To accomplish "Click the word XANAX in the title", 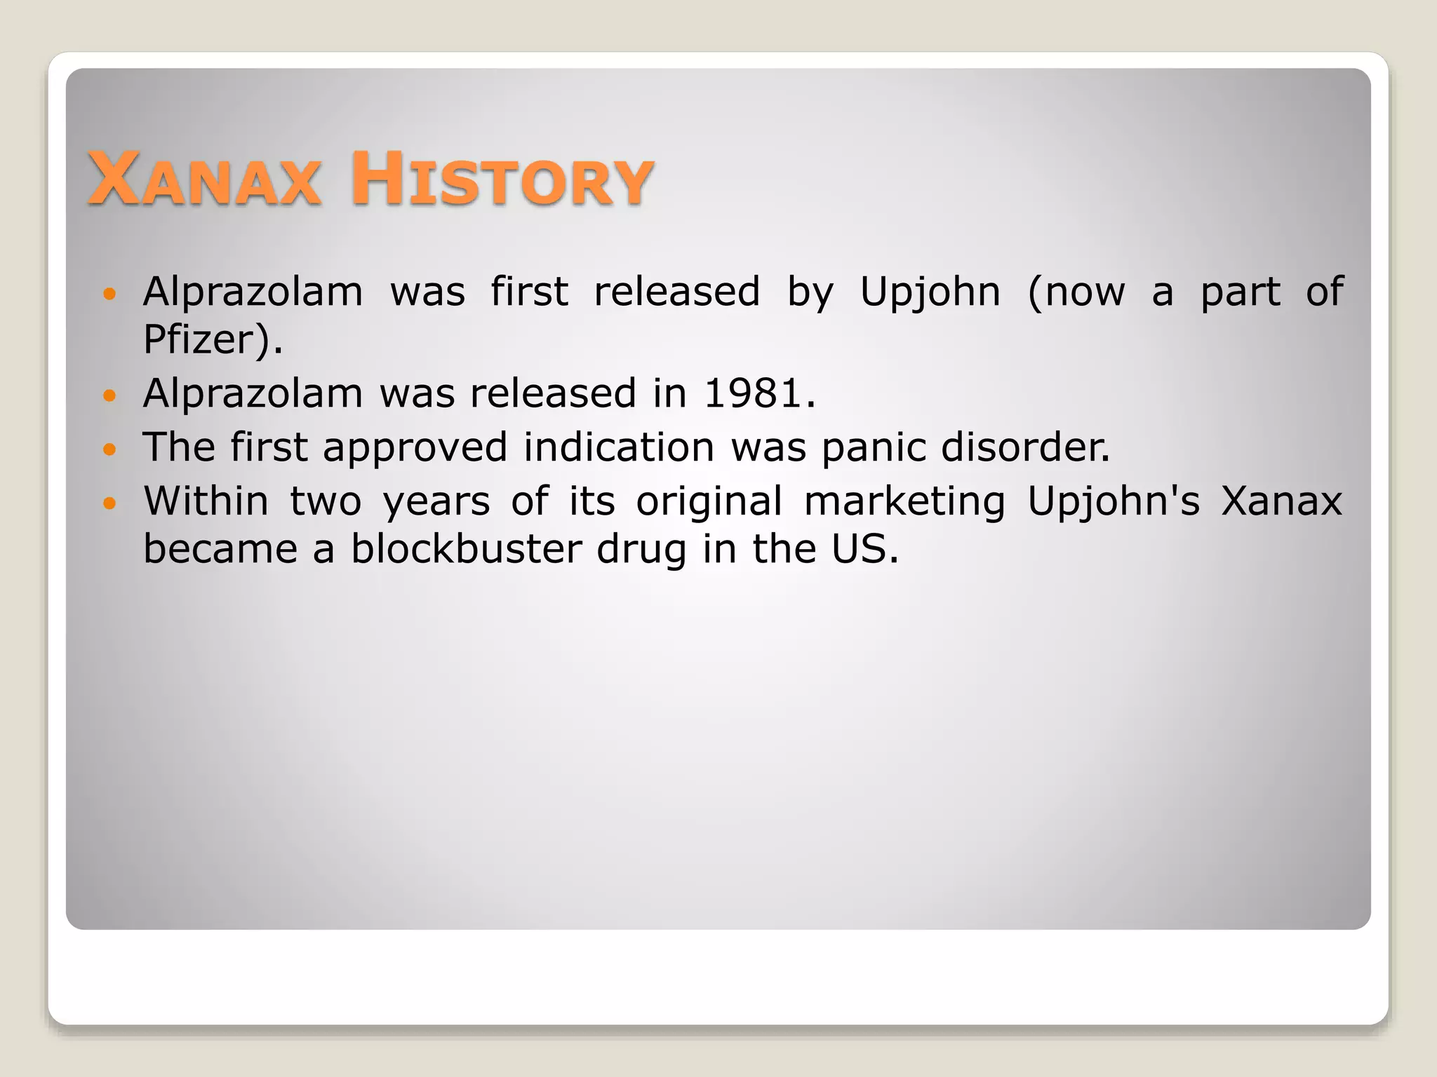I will (x=204, y=180).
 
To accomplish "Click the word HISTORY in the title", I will (x=502, y=180).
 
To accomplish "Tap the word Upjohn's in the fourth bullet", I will (x=1114, y=502).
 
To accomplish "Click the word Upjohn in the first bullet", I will (x=930, y=292).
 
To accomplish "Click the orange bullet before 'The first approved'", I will (x=109, y=449).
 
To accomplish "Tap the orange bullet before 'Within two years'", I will (x=109, y=503).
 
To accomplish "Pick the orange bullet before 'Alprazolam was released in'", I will (x=109, y=395).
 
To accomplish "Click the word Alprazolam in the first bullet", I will (x=253, y=292).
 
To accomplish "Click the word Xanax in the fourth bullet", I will (x=1281, y=502).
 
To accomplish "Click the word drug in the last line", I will (x=641, y=551).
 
